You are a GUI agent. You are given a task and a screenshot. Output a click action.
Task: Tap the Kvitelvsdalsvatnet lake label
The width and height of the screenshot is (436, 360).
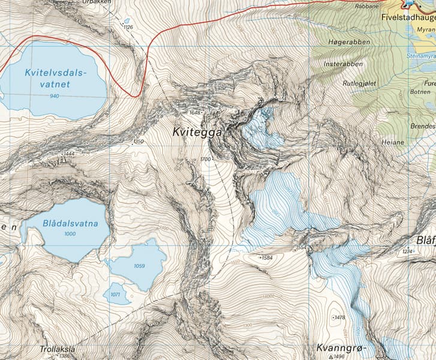point(56,79)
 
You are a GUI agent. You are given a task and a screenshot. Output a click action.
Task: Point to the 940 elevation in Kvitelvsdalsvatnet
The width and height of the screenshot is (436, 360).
point(55,96)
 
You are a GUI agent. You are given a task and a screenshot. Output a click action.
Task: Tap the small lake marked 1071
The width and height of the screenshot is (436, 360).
point(116,294)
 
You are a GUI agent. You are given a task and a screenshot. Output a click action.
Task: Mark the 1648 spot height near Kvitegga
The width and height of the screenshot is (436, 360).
point(195,112)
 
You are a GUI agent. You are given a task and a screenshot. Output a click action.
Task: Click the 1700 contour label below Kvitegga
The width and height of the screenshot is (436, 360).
point(206,159)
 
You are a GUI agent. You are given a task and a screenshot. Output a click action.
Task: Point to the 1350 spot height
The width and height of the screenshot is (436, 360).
point(139,142)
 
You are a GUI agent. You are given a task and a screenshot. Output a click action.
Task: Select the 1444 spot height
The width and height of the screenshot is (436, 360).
point(68,154)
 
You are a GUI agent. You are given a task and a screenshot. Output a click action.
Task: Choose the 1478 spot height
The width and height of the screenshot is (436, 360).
point(339,317)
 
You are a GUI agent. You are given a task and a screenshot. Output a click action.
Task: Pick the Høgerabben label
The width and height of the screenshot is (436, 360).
point(349,43)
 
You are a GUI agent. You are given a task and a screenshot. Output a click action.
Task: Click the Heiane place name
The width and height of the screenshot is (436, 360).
point(393,142)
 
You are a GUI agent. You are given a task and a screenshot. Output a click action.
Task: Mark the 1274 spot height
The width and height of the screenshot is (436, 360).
point(408,251)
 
